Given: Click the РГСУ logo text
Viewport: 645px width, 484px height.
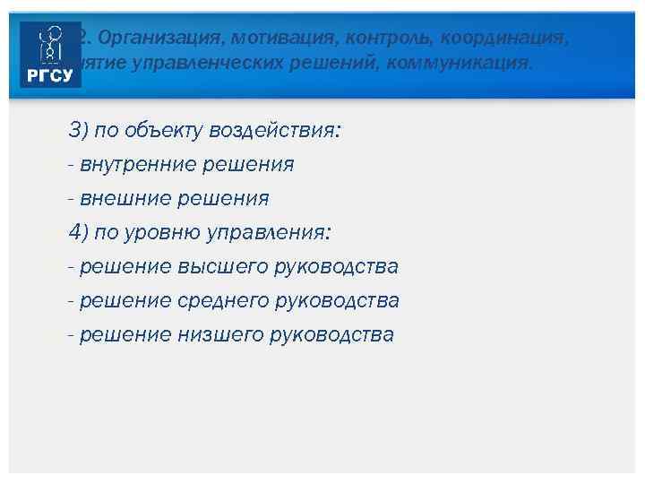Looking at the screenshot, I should (50, 76).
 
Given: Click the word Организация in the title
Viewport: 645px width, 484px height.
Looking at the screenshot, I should (143, 39).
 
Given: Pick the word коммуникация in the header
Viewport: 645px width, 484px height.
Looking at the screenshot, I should (460, 64).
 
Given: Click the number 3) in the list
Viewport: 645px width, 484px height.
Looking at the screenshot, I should (79, 131).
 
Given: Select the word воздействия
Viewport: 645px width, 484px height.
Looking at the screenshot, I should (274, 131).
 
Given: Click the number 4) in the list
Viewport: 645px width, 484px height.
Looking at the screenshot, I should (79, 233).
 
